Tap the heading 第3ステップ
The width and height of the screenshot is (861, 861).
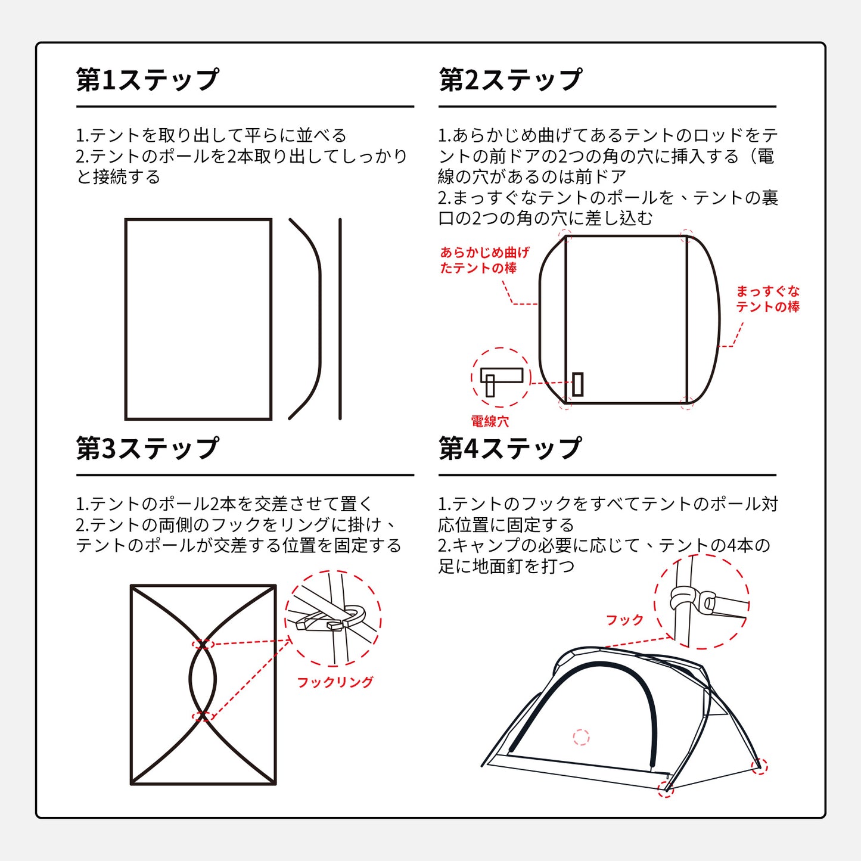(x=147, y=448)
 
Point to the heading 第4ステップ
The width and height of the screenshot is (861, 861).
(x=510, y=448)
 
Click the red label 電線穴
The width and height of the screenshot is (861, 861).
(x=490, y=421)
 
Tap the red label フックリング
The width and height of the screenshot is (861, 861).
(x=335, y=682)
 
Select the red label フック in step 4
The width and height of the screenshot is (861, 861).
(x=624, y=620)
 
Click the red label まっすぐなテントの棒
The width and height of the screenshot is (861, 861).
(x=767, y=299)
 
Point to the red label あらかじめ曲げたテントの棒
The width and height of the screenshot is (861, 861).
(x=484, y=260)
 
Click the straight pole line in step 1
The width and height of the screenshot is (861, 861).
(x=340, y=319)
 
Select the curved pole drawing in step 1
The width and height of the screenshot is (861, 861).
(x=320, y=319)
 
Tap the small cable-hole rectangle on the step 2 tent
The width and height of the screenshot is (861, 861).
(x=578, y=384)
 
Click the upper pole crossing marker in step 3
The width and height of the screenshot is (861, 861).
(x=203, y=644)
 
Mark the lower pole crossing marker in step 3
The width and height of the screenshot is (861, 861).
(x=203, y=716)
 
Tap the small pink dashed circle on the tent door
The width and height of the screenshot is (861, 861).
(x=581, y=737)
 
